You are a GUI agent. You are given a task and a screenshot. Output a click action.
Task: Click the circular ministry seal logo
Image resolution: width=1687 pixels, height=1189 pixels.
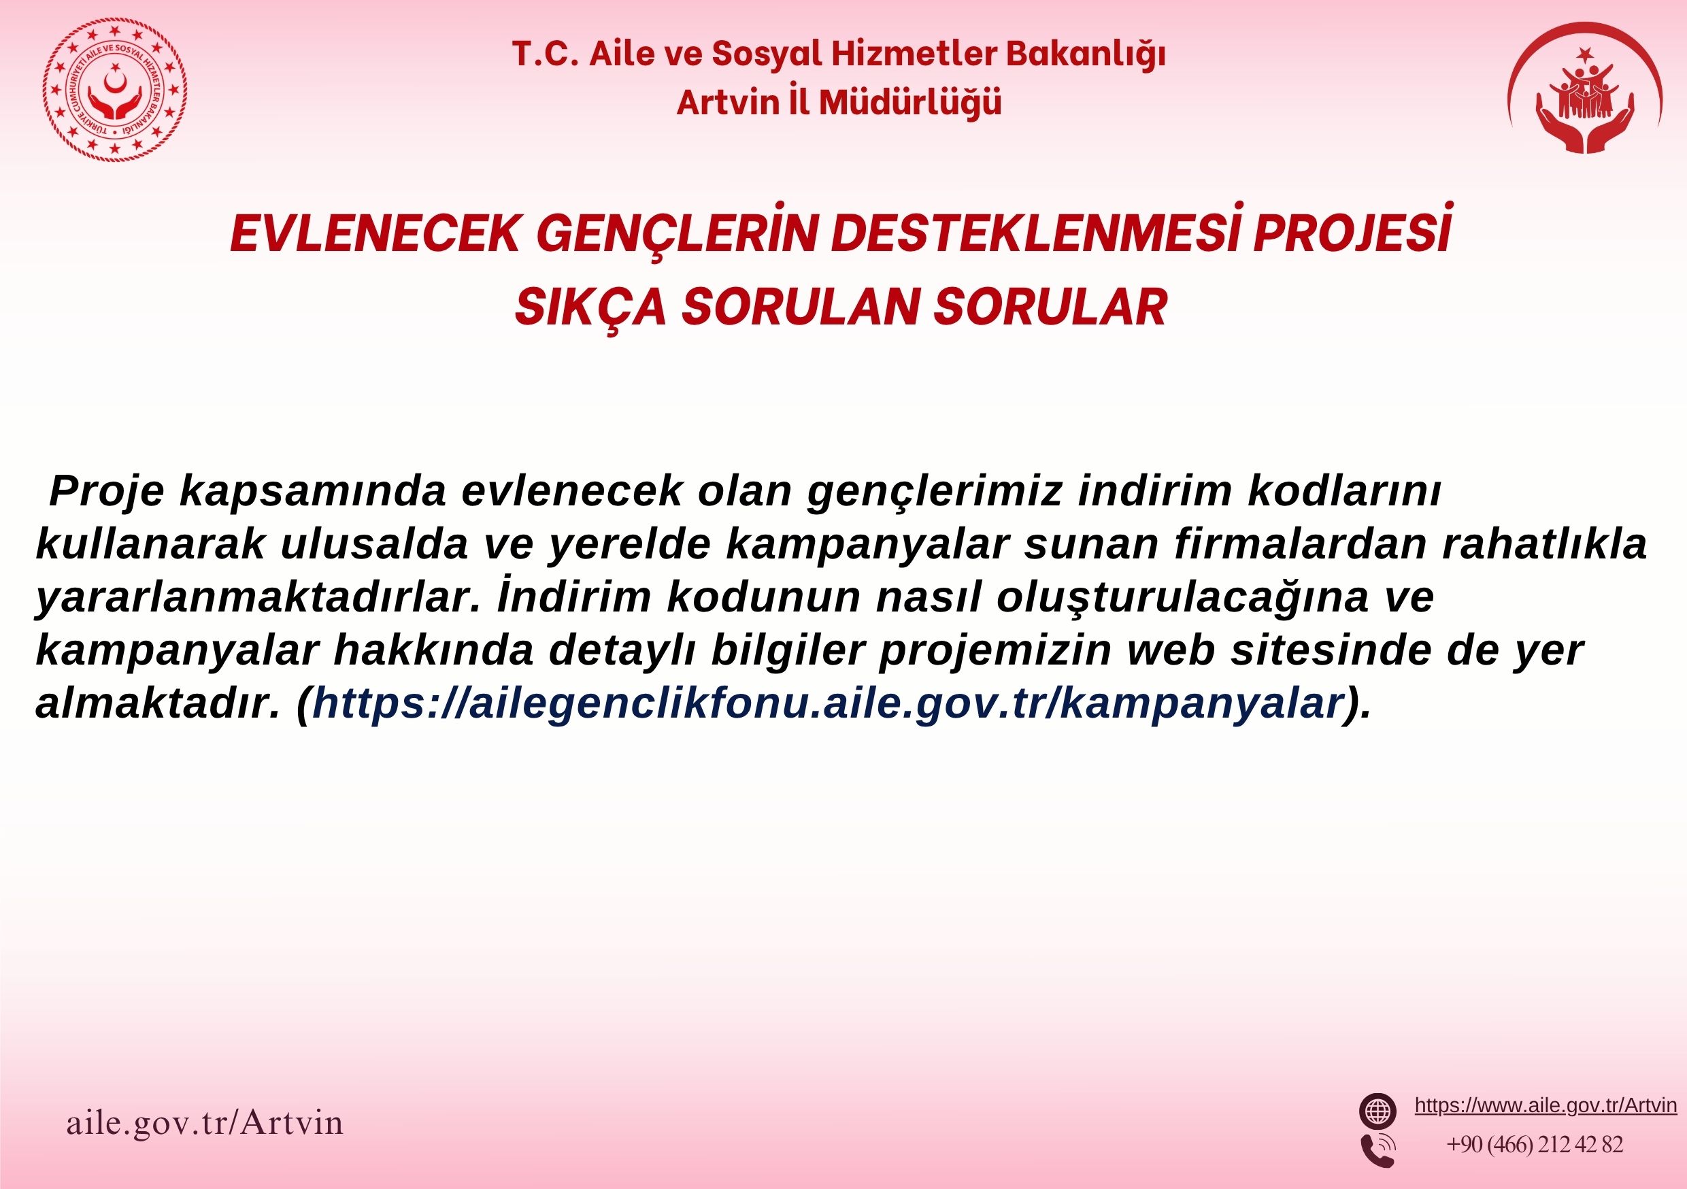coord(116,90)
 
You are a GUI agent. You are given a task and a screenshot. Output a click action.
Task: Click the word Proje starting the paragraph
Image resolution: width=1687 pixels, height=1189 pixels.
coord(107,492)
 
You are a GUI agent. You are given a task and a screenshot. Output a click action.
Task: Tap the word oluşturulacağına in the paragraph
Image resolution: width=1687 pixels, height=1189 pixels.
coord(1182,598)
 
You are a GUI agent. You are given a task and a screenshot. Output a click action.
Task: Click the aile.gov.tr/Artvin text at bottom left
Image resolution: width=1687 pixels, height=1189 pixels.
coord(205,1122)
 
